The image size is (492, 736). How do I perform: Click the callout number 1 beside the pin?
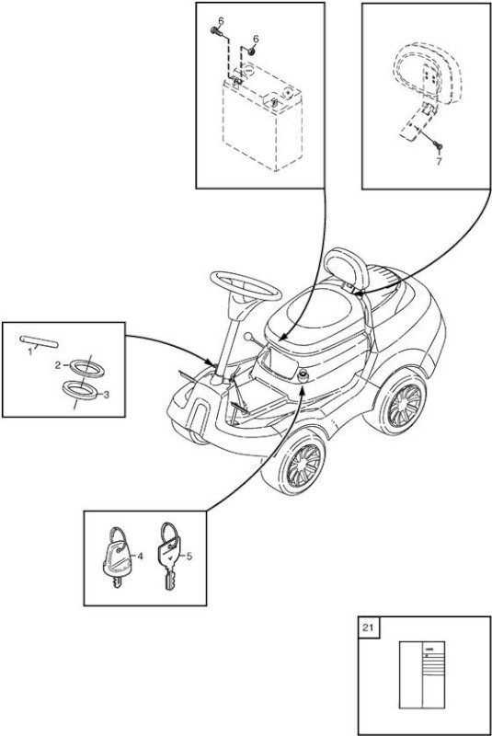pos(30,351)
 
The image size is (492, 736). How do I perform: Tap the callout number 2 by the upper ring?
pos(58,365)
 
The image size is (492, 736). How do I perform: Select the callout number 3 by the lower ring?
pos(106,395)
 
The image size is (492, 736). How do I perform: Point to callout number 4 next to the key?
pos(139,557)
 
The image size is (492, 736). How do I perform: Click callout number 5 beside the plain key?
pos(189,557)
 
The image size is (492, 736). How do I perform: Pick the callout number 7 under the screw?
pos(439,162)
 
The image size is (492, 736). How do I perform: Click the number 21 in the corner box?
pos(368,627)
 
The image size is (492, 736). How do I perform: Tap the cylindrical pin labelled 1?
pos(39,340)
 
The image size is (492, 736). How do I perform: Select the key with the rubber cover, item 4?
pos(117,558)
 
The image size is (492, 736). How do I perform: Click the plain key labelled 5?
pos(169,558)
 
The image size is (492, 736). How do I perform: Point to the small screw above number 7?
pos(439,146)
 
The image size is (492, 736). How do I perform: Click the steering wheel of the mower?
pos(246,285)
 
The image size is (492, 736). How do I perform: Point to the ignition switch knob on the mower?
pos(303,375)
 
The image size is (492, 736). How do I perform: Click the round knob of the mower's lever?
pos(248,336)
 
